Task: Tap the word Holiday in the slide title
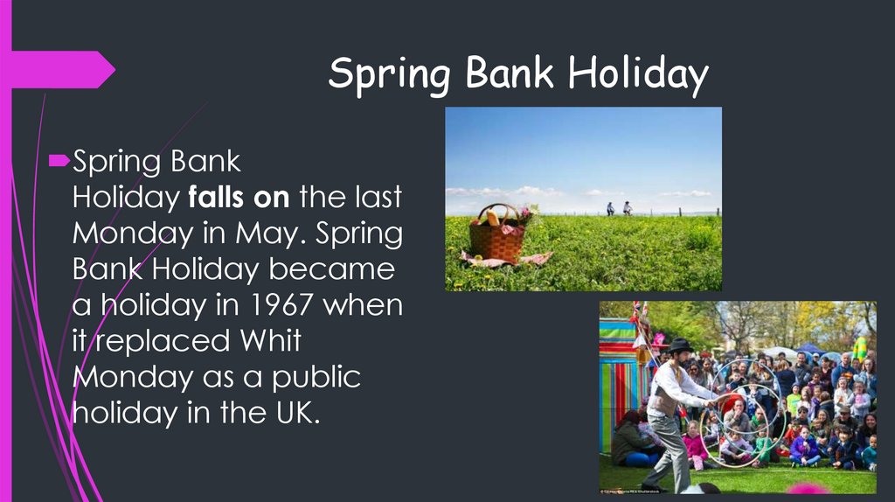pos(637,76)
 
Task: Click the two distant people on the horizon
pos(618,208)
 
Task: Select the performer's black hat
pos(678,345)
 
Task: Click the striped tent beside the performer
pos(622,376)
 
